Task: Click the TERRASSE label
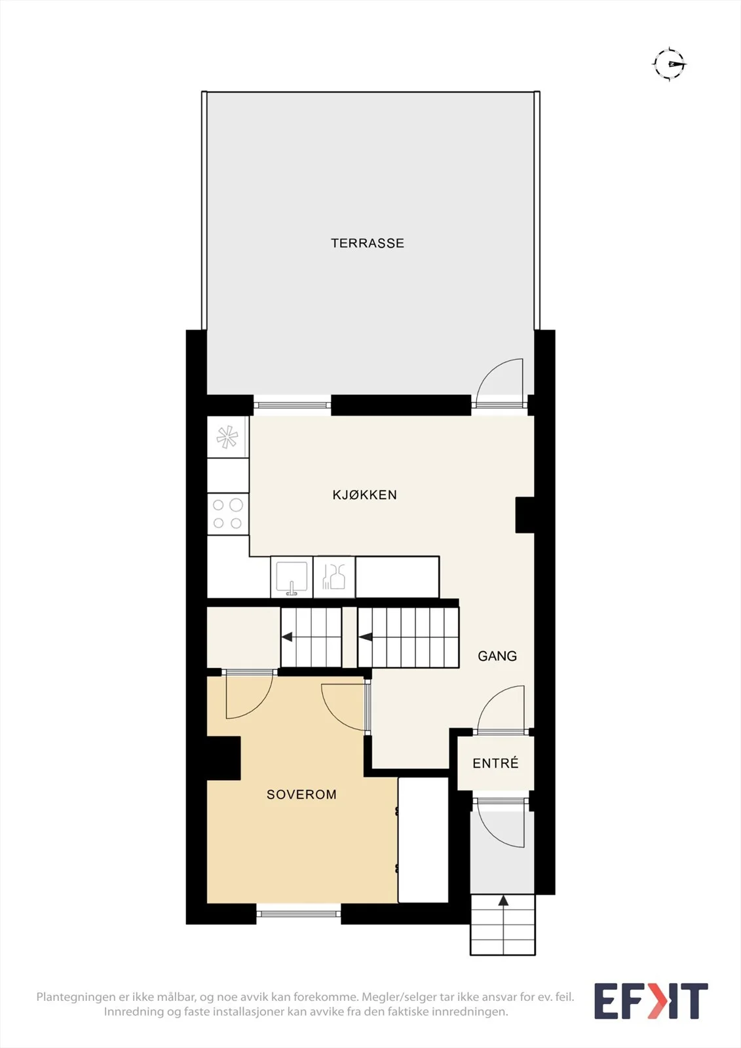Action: click(368, 243)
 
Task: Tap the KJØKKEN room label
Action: click(365, 495)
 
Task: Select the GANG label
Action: click(497, 656)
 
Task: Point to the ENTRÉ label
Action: click(496, 763)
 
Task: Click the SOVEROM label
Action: click(301, 795)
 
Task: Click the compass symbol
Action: click(670, 64)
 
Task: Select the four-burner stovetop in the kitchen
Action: click(227, 514)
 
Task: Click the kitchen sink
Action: click(291, 577)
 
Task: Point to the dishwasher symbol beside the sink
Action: click(333, 577)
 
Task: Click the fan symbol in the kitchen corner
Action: click(227, 437)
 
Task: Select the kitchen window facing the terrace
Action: click(292, 405)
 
